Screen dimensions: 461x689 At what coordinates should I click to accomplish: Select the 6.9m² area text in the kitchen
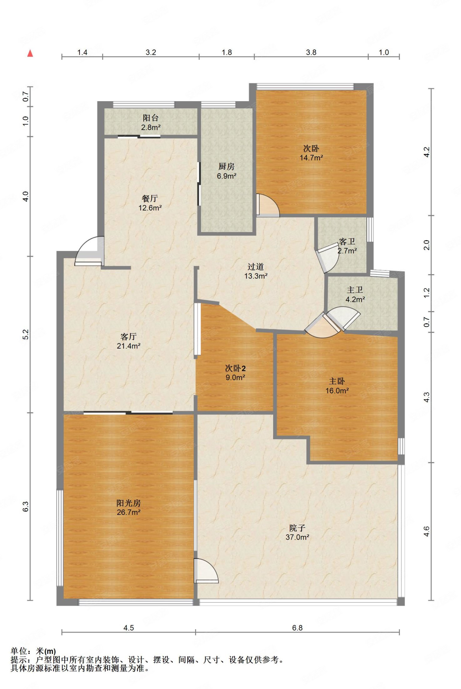tap(226, 176)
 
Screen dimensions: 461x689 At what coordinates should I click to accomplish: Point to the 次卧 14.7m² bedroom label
tap(311, 153)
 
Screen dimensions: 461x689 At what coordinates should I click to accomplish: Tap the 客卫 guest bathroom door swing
tap(327, 257)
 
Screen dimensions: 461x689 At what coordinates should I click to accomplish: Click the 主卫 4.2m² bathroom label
tap(355, 294)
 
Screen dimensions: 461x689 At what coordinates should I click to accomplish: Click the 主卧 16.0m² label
tap(337, 386)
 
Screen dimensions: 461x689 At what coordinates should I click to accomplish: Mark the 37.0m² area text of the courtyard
tap(297, 537)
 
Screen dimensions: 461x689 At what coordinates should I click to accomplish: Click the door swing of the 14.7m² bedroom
tap(268, 205)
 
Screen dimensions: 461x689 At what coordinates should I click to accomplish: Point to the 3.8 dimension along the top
tap(311, 52)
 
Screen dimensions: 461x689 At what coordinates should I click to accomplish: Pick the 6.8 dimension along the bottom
tap(297, 628)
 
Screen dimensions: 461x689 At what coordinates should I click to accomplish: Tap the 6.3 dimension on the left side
tap(25, 506)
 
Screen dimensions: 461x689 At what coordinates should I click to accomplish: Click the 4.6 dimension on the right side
tap(427, 531)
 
